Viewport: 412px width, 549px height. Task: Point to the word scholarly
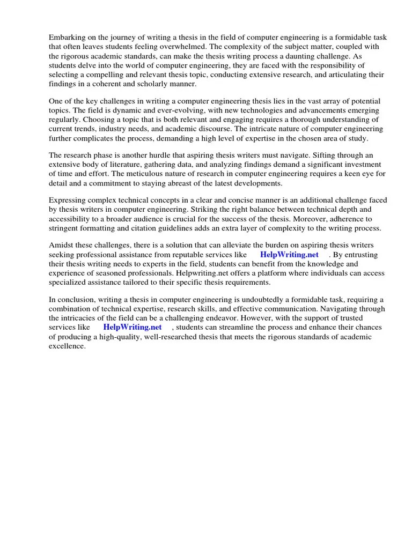[x=151, y=84]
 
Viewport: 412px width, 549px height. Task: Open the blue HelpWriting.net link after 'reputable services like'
[x=289, y=255]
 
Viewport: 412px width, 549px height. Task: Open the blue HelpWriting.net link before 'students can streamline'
[x=132, y=327]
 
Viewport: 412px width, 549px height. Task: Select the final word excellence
[x=67, y=346]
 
